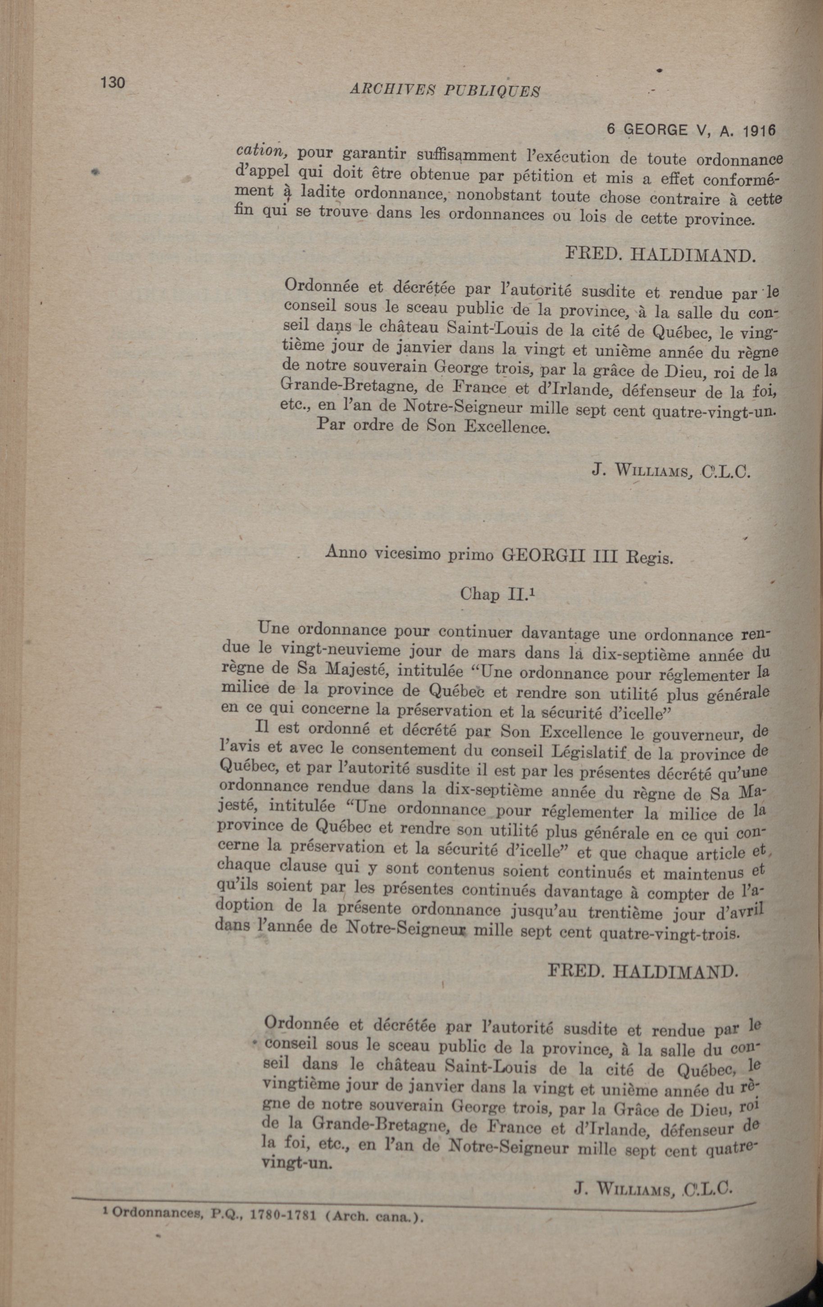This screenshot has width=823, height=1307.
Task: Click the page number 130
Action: [x=112, y=83]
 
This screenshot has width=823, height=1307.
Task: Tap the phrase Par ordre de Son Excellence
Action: [x=432, y=426]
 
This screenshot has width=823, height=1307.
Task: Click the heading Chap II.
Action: [x=493, y=595]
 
